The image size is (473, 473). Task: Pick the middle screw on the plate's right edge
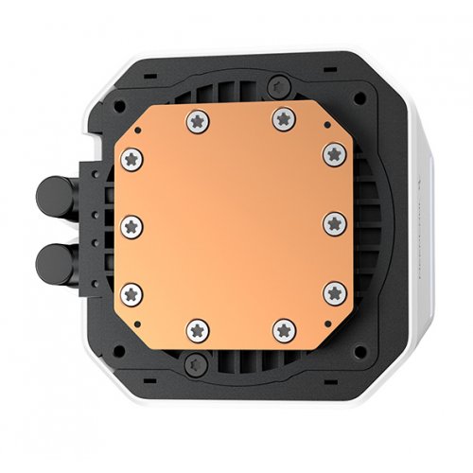(x=333, y=224)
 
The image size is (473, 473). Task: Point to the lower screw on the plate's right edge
(x=333, y=294)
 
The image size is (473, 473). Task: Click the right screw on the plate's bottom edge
(x=284, y=328)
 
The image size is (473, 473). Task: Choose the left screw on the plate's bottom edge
(x=197, y=328)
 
